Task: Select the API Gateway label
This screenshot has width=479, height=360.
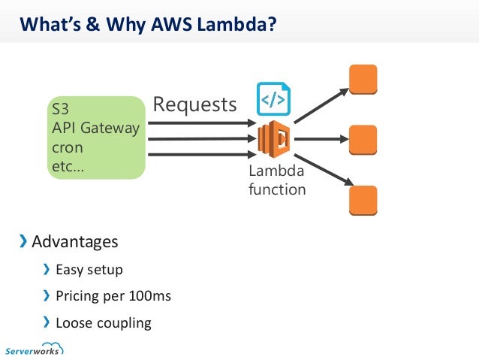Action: [x=95, y=129]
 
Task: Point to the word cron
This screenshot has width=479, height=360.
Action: [x=67, y=147]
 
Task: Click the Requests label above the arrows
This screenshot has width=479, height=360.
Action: [x=194, y=104]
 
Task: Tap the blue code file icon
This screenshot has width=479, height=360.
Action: [x=273, y=98]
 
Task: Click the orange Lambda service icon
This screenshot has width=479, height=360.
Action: [x=274, y=140]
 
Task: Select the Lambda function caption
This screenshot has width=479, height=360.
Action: [x=276, y=181]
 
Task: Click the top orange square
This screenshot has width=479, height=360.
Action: [x=363, y=79]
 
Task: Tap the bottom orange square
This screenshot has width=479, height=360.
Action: [x=363, y=199]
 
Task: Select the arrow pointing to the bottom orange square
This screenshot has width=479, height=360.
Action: [x=321, y=171]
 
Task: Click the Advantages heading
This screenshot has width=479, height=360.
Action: [x=74, y=242]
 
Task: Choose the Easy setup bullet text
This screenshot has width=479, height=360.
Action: [x=89, y=269]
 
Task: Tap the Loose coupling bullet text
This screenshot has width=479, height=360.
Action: [x=103, y=323]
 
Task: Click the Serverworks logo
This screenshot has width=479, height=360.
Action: [x=34, y=349]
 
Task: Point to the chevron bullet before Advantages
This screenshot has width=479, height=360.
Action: [x=23, y=242]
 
